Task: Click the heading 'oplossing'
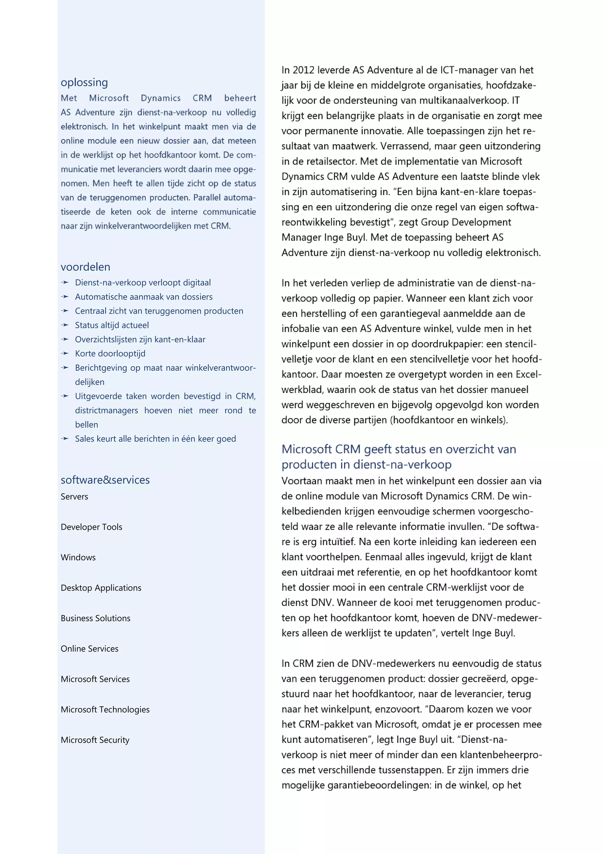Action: click(85, 82)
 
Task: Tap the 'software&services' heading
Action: click(105, 480)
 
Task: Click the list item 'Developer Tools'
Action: click(92, 527)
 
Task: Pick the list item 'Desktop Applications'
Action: click(101, 588)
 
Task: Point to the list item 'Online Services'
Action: click(90, 649)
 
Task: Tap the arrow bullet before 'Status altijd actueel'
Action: click(65, 325)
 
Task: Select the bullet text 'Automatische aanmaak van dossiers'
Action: click(144, 297)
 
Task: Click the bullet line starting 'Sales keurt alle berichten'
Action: click(155, 439)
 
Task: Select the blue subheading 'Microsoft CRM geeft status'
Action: click(399, 449)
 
